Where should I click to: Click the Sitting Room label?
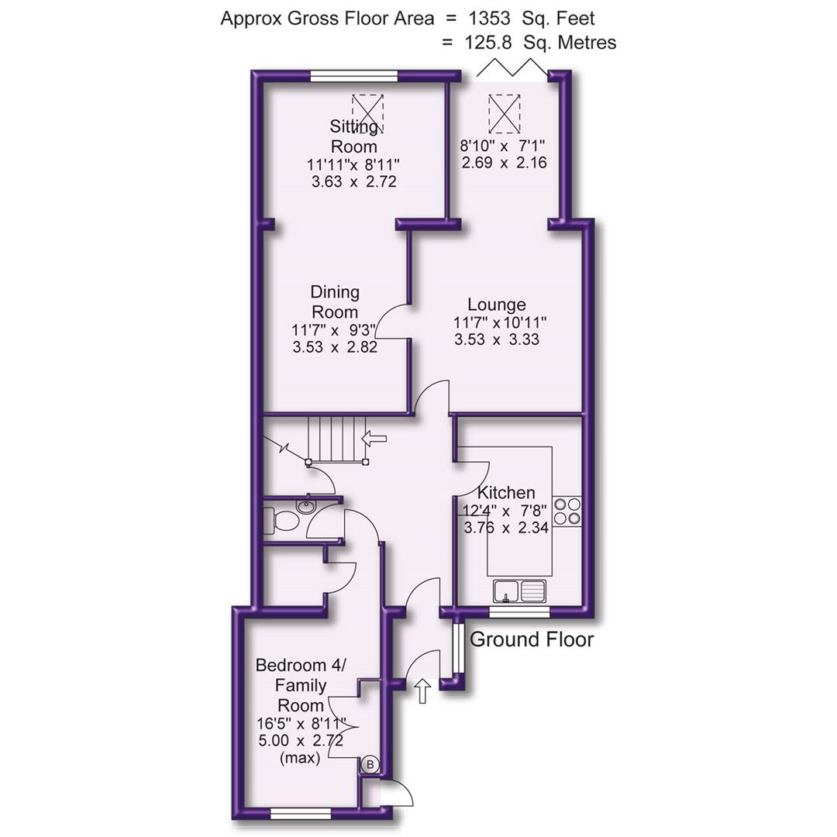[x=354, y=136]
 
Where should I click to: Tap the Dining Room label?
[x=335, y=301]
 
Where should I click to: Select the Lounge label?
[x=497, y=305]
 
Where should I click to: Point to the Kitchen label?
[x=506, y=493]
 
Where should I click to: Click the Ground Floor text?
[x=532, y=639]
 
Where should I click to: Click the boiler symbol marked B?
[x=370, y=765]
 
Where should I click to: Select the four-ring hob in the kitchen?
[x=567, y=511]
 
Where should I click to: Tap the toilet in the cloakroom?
[x=284, y=520]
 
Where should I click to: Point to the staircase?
[x=337, y=439]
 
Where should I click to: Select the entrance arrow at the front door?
[x=422, y=691]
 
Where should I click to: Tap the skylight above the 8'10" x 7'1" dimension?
[x=505, y=112]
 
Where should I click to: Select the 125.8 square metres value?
[x=486, y=43]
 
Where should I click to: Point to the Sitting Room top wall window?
[x=355, y=76]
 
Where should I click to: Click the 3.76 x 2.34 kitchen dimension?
[x=505, y=528]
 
